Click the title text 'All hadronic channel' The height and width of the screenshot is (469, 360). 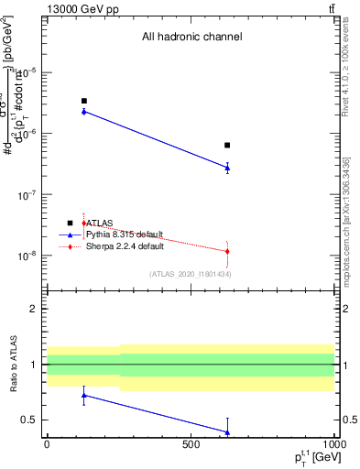[x=191, y=38]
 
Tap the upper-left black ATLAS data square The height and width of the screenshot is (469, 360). [x=83, y=101]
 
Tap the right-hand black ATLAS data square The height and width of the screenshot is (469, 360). [x=227, y=145]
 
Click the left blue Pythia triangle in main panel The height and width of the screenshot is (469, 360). [x=83, y=111]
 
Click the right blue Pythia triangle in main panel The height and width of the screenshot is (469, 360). [x=227, y=168]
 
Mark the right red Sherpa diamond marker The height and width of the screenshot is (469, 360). [x=227, y=251]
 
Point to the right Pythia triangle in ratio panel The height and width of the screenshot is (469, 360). [x=227, y=432]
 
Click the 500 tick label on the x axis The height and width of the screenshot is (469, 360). [x=191, y=444]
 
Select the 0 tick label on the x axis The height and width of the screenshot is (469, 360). [x=47, y=444]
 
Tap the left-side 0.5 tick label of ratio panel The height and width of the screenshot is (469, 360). [x=31, y=420]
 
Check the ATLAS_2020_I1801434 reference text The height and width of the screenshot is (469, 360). [x=190, y=274]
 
